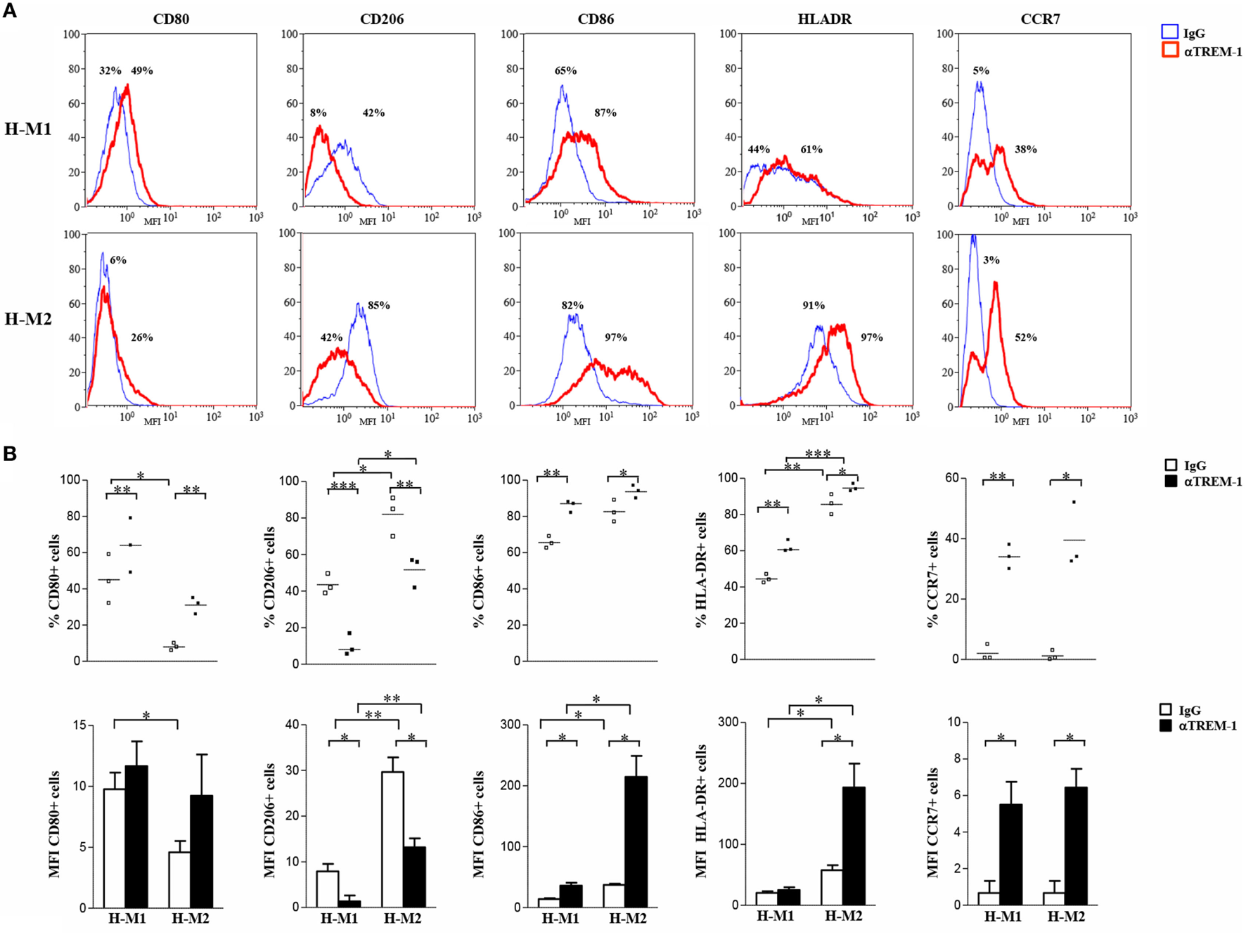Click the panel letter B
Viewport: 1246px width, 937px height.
pyautogui.click(x=10, y=454)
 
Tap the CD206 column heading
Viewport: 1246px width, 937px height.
pyautogui.click(x=382, y=19)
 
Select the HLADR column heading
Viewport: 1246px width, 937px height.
pyautogui.click(x=824, y=19)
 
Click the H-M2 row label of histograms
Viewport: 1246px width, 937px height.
pyautogui.click(x=28, y=319)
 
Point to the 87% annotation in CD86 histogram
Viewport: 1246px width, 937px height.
pyautogui.click(x=605, y=112)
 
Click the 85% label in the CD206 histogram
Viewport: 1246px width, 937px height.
pyautogui.click(x=378, y=305)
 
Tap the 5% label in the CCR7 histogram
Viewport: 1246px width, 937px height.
pyautogui.click(x=981, y=70)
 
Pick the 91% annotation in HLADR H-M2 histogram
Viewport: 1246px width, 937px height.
pyautogui.click(x=814, y=305)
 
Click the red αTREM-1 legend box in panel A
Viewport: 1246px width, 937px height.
pyautogui.click(x=1170, y=50)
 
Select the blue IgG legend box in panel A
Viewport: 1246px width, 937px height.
pyautogui.click(x=1170, y=32)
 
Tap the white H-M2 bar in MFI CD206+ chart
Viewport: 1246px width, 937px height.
pyautogui.click(x=392, y=839)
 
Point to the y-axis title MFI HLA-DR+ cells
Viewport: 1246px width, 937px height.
pyautogui.click(x=700, y=812)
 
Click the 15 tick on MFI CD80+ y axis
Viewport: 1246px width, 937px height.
pyautogui.click(x=81, y=725)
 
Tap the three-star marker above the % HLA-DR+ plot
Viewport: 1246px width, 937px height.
pyautogui.click(x=818, y=454)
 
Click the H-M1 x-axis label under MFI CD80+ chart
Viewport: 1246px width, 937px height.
pyautogui.click(x=127, y=918)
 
